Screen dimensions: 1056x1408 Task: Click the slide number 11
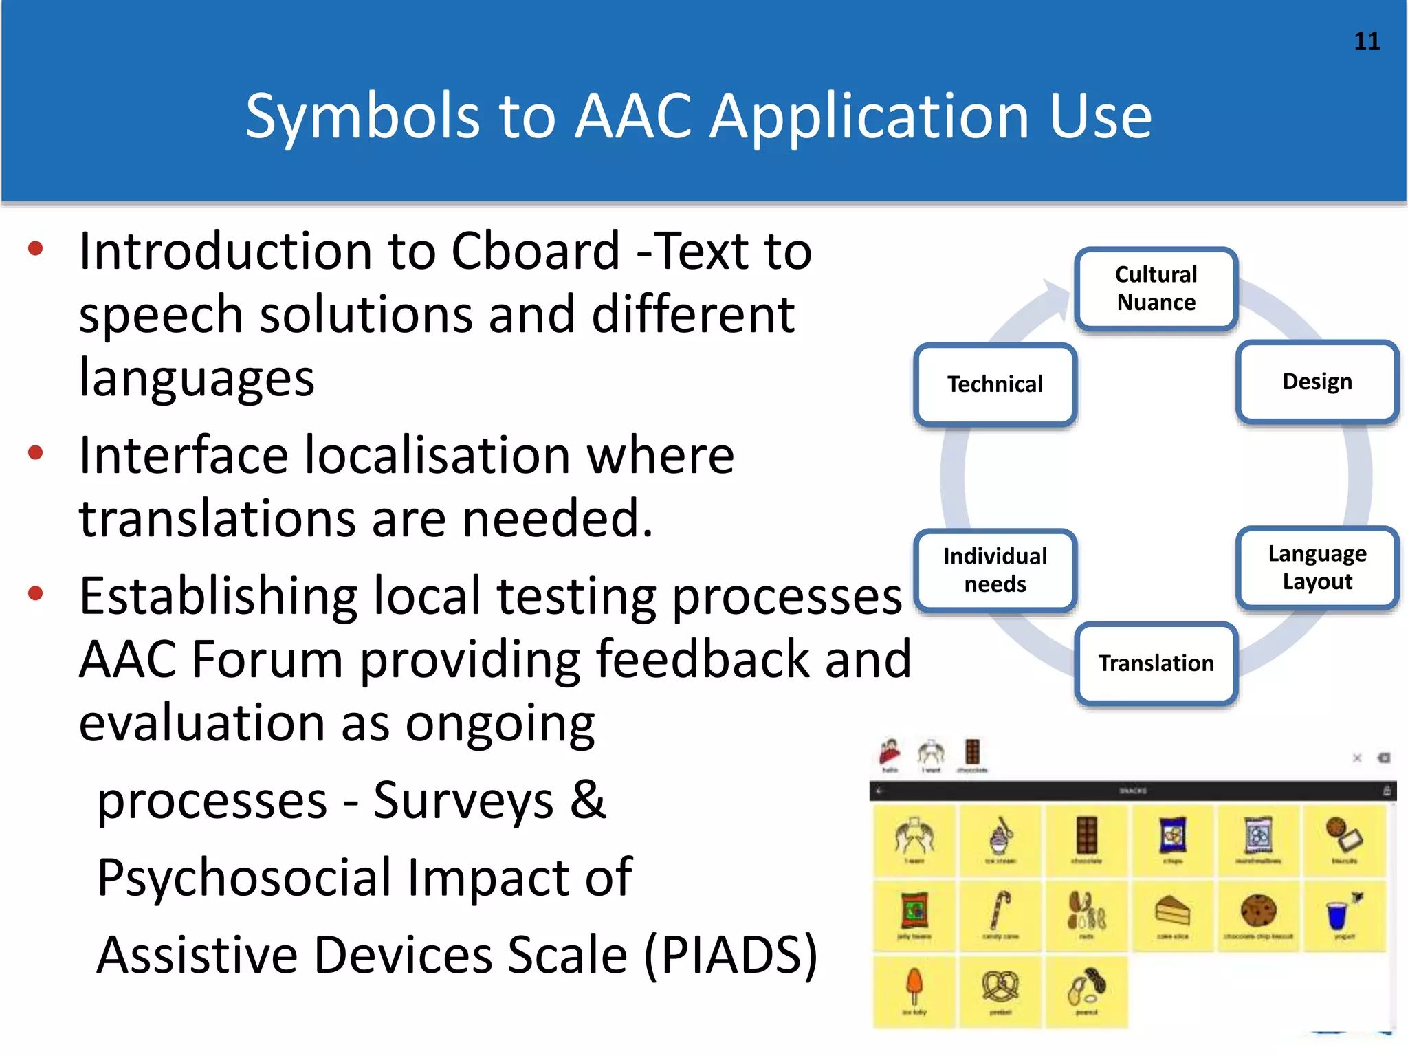click(x=1367, y=41)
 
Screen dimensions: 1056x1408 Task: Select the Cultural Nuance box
click(x=1156, y=289)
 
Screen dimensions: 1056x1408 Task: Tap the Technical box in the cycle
click(x=995, y=384)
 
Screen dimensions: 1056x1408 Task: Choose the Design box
click(x=1317, y=382)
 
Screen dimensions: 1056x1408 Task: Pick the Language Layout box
click(x=1317, y=568)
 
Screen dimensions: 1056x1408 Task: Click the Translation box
click(x=1156, y=663)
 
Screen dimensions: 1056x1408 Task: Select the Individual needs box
click(x=995, y=570)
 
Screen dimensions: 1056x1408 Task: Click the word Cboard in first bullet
click(x=535, y=252)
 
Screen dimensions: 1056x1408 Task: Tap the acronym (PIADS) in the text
click(x=730, y=956)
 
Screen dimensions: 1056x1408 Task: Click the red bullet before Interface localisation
click(x=36, y=453)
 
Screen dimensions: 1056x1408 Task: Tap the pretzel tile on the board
click(x=1000, y=991)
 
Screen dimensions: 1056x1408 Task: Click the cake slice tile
click(x=1172, y=915)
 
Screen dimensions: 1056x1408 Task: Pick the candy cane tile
click(x=1000, y=915)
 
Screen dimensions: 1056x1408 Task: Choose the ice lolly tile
click(x=914, y=991)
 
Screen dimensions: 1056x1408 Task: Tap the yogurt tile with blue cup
click(x=1343, y=915)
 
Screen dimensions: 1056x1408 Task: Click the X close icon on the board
click(x=1357, y=758)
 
